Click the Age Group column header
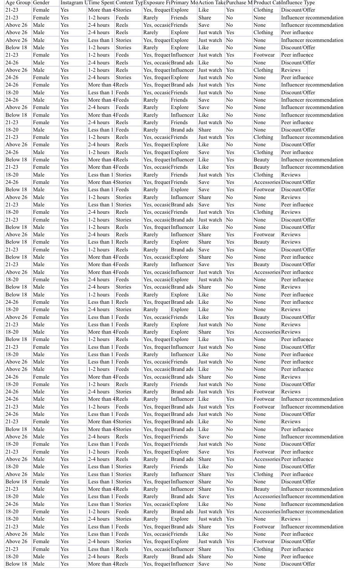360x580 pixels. point(18,3)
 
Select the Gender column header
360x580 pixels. point(41,3)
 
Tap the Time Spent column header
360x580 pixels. point(101,3)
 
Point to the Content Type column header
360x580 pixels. point(129,3)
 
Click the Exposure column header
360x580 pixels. point(156,3)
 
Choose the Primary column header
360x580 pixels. point(184,3)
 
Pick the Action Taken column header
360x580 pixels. point(211,3)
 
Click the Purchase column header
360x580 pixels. point(239,3)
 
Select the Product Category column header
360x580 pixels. point(267,3)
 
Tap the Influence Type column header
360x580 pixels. point(298,3)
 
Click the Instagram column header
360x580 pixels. point(74,3)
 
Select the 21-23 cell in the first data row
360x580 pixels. point(12,10)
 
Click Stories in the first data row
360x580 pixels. point(123,10)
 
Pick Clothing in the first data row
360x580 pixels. point(263,10)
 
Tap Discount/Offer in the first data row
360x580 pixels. point(298,10)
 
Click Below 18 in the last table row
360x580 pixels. point(16,564)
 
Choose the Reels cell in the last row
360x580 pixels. point(122,564)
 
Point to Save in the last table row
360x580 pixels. point(204,564)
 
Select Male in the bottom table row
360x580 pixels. point(39,564)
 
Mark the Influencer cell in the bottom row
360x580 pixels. point(182,564)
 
